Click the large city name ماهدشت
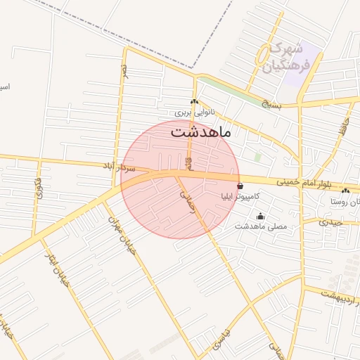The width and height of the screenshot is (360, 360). click(x=200, y=131)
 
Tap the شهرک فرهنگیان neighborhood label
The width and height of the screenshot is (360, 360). click(x=284, y=58)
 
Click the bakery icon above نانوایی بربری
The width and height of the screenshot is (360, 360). click(x=194, y=102)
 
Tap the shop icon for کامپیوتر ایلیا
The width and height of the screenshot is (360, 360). click(x=241, y=186)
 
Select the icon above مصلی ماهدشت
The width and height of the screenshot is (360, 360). click(x=261, y=216)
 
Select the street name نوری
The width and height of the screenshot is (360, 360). click(x=39, y=186)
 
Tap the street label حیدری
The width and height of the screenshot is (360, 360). click(x=330, y=222)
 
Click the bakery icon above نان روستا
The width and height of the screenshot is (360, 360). click(x=345, y=191)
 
